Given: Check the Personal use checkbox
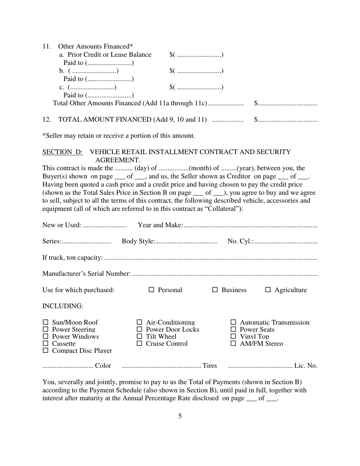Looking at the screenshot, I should (x=151, y=290).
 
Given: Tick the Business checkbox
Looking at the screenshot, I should (x=215, y=290).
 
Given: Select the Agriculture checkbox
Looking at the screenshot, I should (x=268, y=290).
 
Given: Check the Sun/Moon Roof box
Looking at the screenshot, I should (x=45, y=322).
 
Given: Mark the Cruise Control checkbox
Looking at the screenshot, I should (x=139, y=344).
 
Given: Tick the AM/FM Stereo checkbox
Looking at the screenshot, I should (x=233, y=344).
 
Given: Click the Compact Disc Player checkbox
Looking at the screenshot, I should (x=45, y=351).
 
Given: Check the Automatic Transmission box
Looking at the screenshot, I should (x=233, y=322).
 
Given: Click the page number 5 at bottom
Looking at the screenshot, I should (x=180, y=416).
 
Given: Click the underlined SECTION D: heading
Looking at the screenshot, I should (x=63, y=152).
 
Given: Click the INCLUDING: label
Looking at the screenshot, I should (x=63, y=306).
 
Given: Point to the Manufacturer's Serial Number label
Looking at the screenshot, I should (x=87, y=274).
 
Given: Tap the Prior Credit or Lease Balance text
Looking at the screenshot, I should (x=109, y=55).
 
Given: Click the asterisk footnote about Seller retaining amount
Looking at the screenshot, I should (x=119, y=136).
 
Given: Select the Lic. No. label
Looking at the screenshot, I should (x=306, y=366).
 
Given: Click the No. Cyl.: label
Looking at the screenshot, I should (x=240, y=241).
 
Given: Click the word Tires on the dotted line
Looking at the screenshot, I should (x=210, y=366).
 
